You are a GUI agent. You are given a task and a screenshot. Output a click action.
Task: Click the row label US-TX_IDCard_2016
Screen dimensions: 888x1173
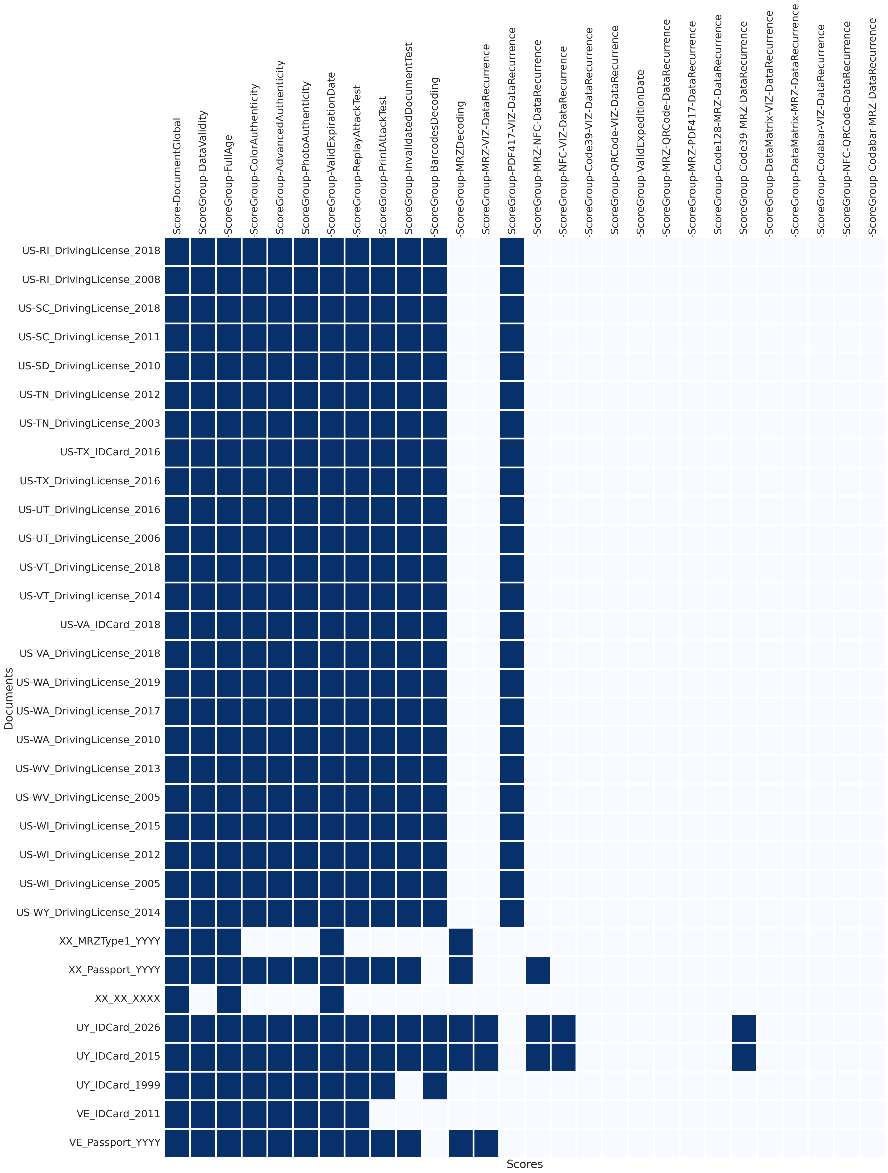pos(110,452)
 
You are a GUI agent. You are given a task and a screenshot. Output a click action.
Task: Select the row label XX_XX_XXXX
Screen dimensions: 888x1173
pos(127,998)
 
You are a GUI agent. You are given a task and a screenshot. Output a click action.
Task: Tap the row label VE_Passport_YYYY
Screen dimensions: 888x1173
pos(115,1143)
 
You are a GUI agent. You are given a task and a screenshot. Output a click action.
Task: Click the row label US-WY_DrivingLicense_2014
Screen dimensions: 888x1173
pos(88,913)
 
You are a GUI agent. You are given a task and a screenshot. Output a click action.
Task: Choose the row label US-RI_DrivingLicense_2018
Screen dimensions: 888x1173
pos(91,251)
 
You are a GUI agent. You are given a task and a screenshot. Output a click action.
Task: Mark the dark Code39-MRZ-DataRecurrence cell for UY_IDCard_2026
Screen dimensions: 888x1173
pos(744,1028)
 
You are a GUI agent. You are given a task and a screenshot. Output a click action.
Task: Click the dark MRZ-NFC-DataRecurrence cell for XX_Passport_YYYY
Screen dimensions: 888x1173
pos(538,970)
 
